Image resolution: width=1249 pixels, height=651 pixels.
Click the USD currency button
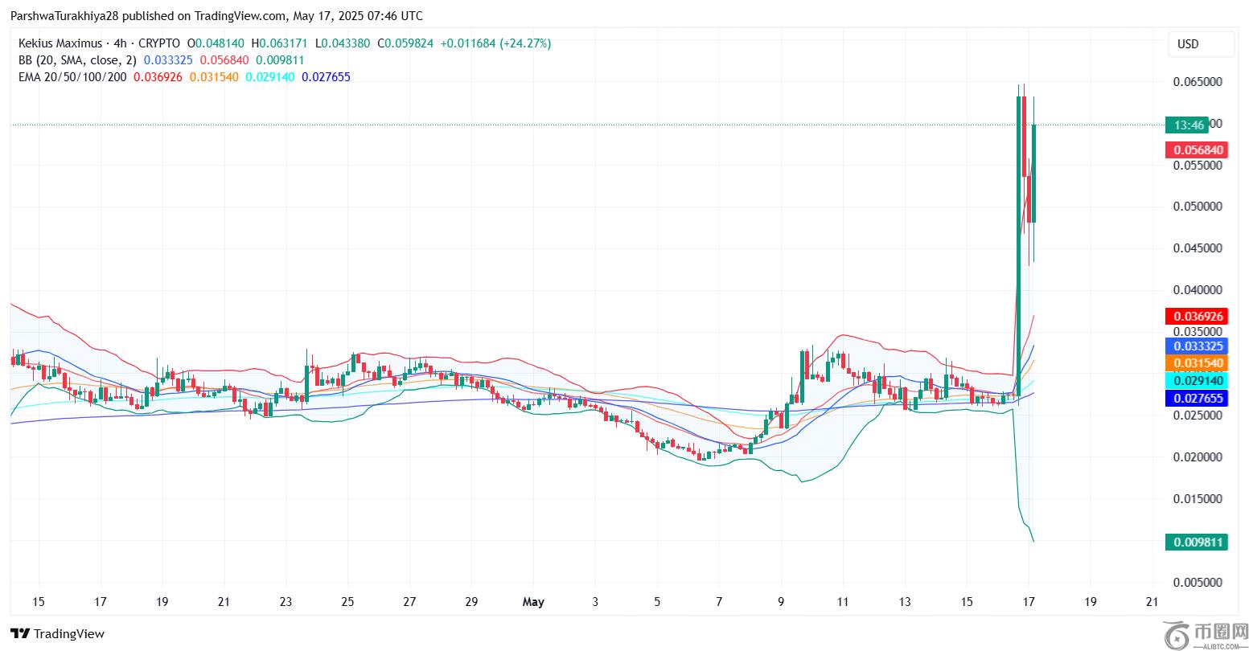pyautogui.click(x=1201, y=44)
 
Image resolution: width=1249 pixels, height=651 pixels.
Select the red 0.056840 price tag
pyautogui.click(x=1198, y=150)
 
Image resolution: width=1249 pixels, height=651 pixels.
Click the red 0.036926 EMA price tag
pyautogui.click(x=1198, y=317)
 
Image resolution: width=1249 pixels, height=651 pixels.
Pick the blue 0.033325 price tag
pyautogui.click(x=1198, y=346)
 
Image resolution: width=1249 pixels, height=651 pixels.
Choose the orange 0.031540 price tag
pyautogui.click(x=1198, y=364)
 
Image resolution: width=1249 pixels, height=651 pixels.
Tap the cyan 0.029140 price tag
pyautogui.click(x=1198, y=381)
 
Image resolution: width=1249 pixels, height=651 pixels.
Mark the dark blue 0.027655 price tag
pyautogui.click(x=1198, y=398)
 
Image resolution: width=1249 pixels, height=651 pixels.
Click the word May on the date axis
pyautogui.click(x=533, y=602)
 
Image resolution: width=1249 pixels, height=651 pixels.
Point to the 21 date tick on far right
pyautogui.click(x=1152, y=602)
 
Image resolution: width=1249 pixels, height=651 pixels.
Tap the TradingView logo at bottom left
pyautogui.click(x=58, y=634)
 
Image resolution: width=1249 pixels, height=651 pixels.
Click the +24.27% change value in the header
pyautogui.click(x=525, y=43)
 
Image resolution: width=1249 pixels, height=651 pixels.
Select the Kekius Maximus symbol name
pyautogui.click(x=60, y=43)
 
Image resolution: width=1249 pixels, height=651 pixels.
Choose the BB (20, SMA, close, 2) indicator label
pyautogui.click(x=77, y=60)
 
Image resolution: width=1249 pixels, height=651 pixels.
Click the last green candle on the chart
pyautogui.click(x=1033, y=173)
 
